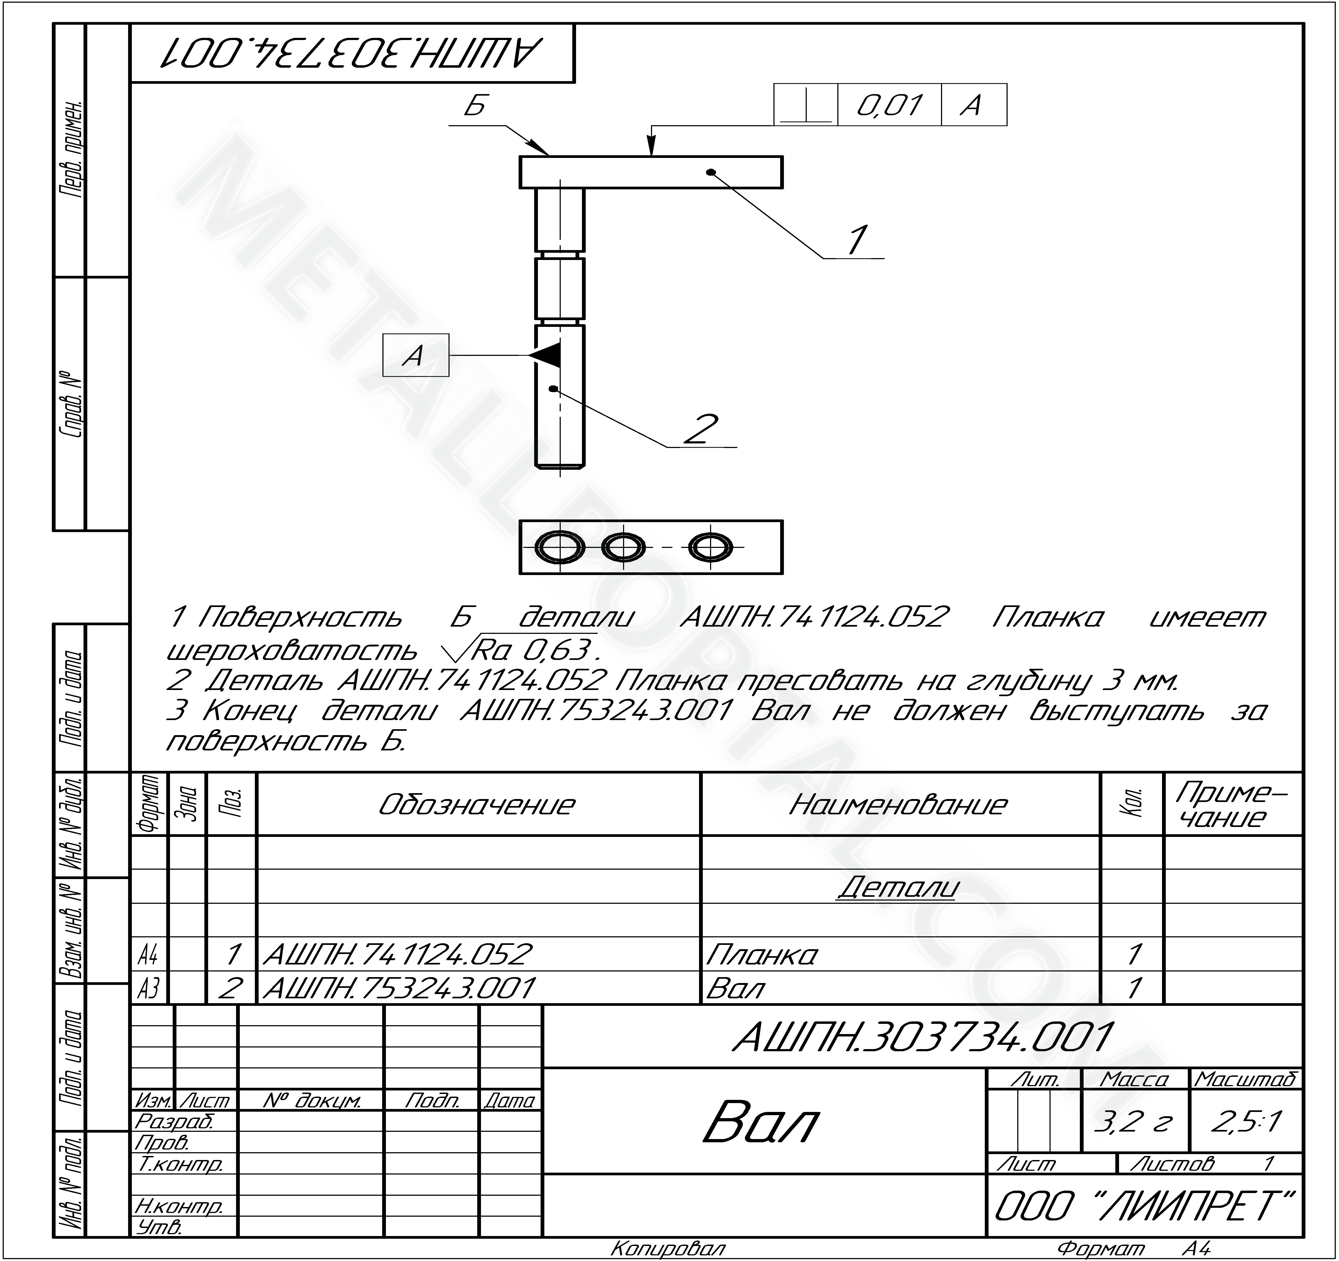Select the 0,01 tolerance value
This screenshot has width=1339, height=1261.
click(x=889, y=105)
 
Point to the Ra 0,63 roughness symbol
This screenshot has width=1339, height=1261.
click(x=518, y=649)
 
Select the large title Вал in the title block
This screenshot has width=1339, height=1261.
click(x=761, y=1122)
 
